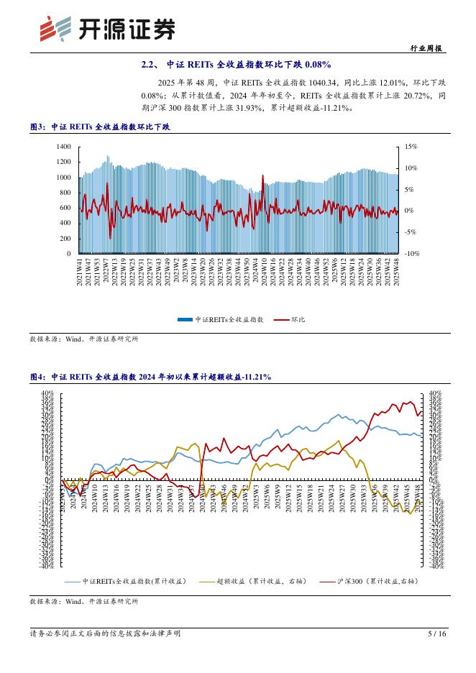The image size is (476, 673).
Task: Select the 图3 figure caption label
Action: click(37, 127)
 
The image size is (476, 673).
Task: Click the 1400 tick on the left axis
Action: click(63, 146)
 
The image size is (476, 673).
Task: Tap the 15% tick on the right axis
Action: click(411, 146)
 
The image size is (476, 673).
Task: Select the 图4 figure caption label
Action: click(37, 377)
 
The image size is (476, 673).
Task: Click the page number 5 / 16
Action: click(437, 633)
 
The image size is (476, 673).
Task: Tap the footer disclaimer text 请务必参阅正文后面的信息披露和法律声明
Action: click(105, 633)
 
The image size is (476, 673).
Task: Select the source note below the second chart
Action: click(84, 600)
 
